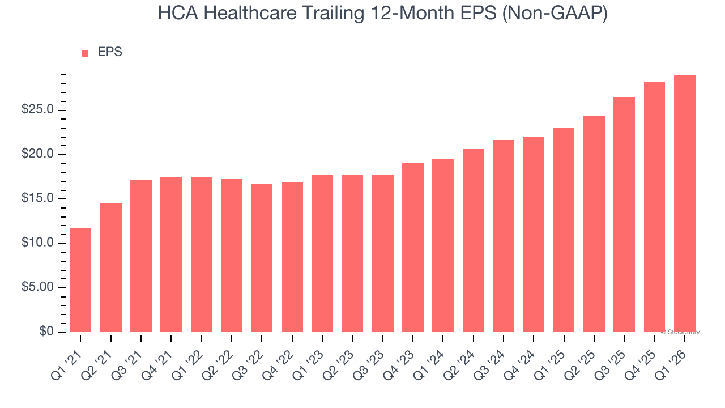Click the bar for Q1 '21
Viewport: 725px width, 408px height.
(x=80, y=280)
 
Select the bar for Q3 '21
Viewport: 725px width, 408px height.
(x=141, y=256)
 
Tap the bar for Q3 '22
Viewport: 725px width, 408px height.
(x=262, y=258)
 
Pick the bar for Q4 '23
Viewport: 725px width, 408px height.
(x=413, y=248)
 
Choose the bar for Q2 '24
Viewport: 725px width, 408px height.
(x=474, y=240)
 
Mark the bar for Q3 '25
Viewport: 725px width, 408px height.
(x=624, y=215)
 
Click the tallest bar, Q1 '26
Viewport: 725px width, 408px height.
(x=685, y=203)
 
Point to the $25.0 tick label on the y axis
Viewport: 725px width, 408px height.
(x=37, y=110)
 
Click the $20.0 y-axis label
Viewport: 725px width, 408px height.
(x=37, y=154)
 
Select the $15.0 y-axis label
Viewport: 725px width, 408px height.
(x=37, y=199)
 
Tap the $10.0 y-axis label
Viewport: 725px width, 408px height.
(x=37, y=243)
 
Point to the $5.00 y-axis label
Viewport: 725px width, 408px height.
(x=37, y=287)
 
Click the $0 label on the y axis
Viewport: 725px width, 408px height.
(x=47, y=332)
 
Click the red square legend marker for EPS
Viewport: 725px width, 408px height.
(x=85, y=53)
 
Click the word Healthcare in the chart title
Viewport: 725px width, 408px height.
(x=246, y=14)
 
